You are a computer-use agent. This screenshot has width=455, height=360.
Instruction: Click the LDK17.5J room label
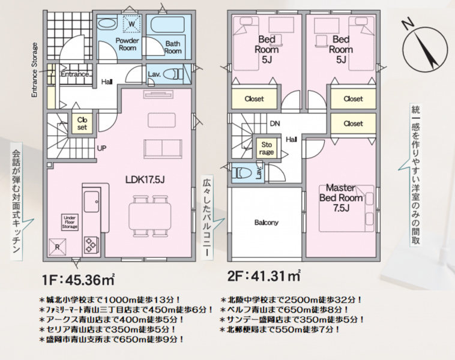tap(145, 180)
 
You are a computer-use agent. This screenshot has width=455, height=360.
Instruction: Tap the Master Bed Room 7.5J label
tap(341, 198)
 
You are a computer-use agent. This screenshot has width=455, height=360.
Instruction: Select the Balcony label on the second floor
tap(267, 223)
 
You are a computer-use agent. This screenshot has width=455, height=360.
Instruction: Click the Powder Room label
tap(127, 44)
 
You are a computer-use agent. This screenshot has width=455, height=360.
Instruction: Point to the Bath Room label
tap(173, 47)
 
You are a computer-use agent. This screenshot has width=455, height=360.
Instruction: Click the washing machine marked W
tap(131, 24)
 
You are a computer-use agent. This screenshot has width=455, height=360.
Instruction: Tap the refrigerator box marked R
tap(58, 247)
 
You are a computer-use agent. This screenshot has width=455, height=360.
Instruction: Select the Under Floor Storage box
tap(70, 222)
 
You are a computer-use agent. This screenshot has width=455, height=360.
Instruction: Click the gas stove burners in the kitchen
tap(91, 245)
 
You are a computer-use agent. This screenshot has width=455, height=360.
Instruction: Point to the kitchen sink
tap(91, 202)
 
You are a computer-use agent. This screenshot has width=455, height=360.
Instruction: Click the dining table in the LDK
tap(149, 216)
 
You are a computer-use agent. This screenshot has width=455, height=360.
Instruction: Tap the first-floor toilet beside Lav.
tap(173, 74)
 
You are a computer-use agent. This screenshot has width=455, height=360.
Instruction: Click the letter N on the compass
tap(408, 25)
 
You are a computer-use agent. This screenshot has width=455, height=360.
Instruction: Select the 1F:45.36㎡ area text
tap(79, 280)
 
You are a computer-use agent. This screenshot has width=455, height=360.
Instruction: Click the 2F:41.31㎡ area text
tap(264, 275)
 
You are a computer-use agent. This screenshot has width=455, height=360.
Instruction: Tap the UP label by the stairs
tap(102, 148)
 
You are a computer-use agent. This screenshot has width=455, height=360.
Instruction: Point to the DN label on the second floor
tap(275, 124)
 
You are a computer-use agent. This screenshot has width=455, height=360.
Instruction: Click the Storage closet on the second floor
tap(267, 148)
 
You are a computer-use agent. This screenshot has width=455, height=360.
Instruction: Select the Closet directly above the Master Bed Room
tap(353, 124)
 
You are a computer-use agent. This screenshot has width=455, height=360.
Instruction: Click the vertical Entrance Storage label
tap(35, 70)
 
